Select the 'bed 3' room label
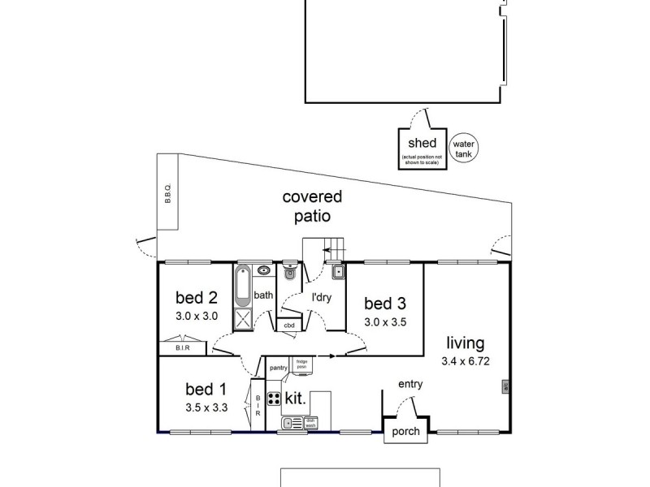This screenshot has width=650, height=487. click(384, 304)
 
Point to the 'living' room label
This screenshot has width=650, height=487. click(464, 343)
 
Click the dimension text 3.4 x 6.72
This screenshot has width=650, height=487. click(464, 360)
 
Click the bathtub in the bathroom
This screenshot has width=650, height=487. click(243, 287)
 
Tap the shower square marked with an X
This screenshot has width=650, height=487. click(243, 319)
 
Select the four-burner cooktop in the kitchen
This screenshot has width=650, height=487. click(274, 399)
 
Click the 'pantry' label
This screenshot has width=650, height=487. click(279, 368)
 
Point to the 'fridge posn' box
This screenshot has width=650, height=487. click(301, 365)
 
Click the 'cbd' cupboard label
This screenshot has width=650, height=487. click(288, 326)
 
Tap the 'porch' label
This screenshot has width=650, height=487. click(405, 432)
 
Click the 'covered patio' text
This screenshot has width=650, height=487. click(312, 206)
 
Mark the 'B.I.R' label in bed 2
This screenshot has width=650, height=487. click(183, 347)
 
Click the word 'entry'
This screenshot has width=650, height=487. click(409, 385)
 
